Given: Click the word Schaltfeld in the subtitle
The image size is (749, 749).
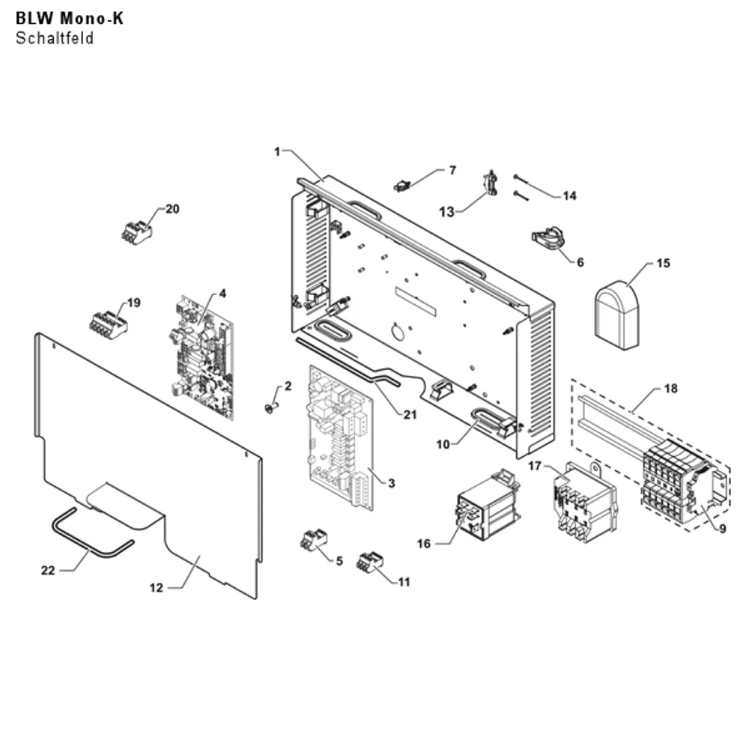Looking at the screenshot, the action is click(x=55, y=38).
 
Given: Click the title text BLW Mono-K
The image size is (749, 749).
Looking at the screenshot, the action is click(x=70, y=18).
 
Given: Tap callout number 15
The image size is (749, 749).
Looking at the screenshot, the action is click(x=663, y=263).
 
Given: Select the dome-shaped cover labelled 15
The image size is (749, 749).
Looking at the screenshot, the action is click(x=616, y=315).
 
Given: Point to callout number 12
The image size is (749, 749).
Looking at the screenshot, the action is click(x=157, y=587).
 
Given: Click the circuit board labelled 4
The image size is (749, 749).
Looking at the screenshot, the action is click(x=202, y=357).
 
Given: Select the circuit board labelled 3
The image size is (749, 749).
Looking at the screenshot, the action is click(x=341, y=438).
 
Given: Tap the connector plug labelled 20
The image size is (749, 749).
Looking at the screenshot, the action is click(x=137, y=232).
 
